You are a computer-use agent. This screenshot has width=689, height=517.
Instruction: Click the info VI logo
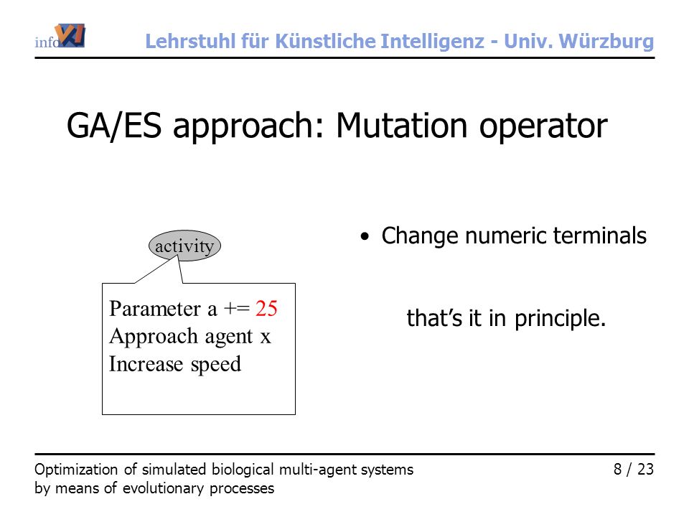point(60,36)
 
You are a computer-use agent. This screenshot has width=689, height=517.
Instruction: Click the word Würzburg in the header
point(606,42)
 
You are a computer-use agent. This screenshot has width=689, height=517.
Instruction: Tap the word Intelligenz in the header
point(432,42)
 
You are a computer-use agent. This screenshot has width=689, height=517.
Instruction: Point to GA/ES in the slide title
point(114,126)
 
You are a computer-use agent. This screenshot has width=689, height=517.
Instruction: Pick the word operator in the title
point(543,126)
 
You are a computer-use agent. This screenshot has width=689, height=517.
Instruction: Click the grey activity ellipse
point(184,246)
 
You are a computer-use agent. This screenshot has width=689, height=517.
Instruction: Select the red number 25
point(266,308)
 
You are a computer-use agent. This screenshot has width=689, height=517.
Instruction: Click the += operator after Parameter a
point(236,309)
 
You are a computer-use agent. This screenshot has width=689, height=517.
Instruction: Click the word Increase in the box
point(146,364)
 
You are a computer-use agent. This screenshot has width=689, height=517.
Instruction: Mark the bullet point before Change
point(365,237)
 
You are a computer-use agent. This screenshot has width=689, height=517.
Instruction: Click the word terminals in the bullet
point(600,236)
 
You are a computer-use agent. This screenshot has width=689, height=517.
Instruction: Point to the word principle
point(561,319)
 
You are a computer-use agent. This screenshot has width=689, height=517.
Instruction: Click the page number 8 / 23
point(634,470)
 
